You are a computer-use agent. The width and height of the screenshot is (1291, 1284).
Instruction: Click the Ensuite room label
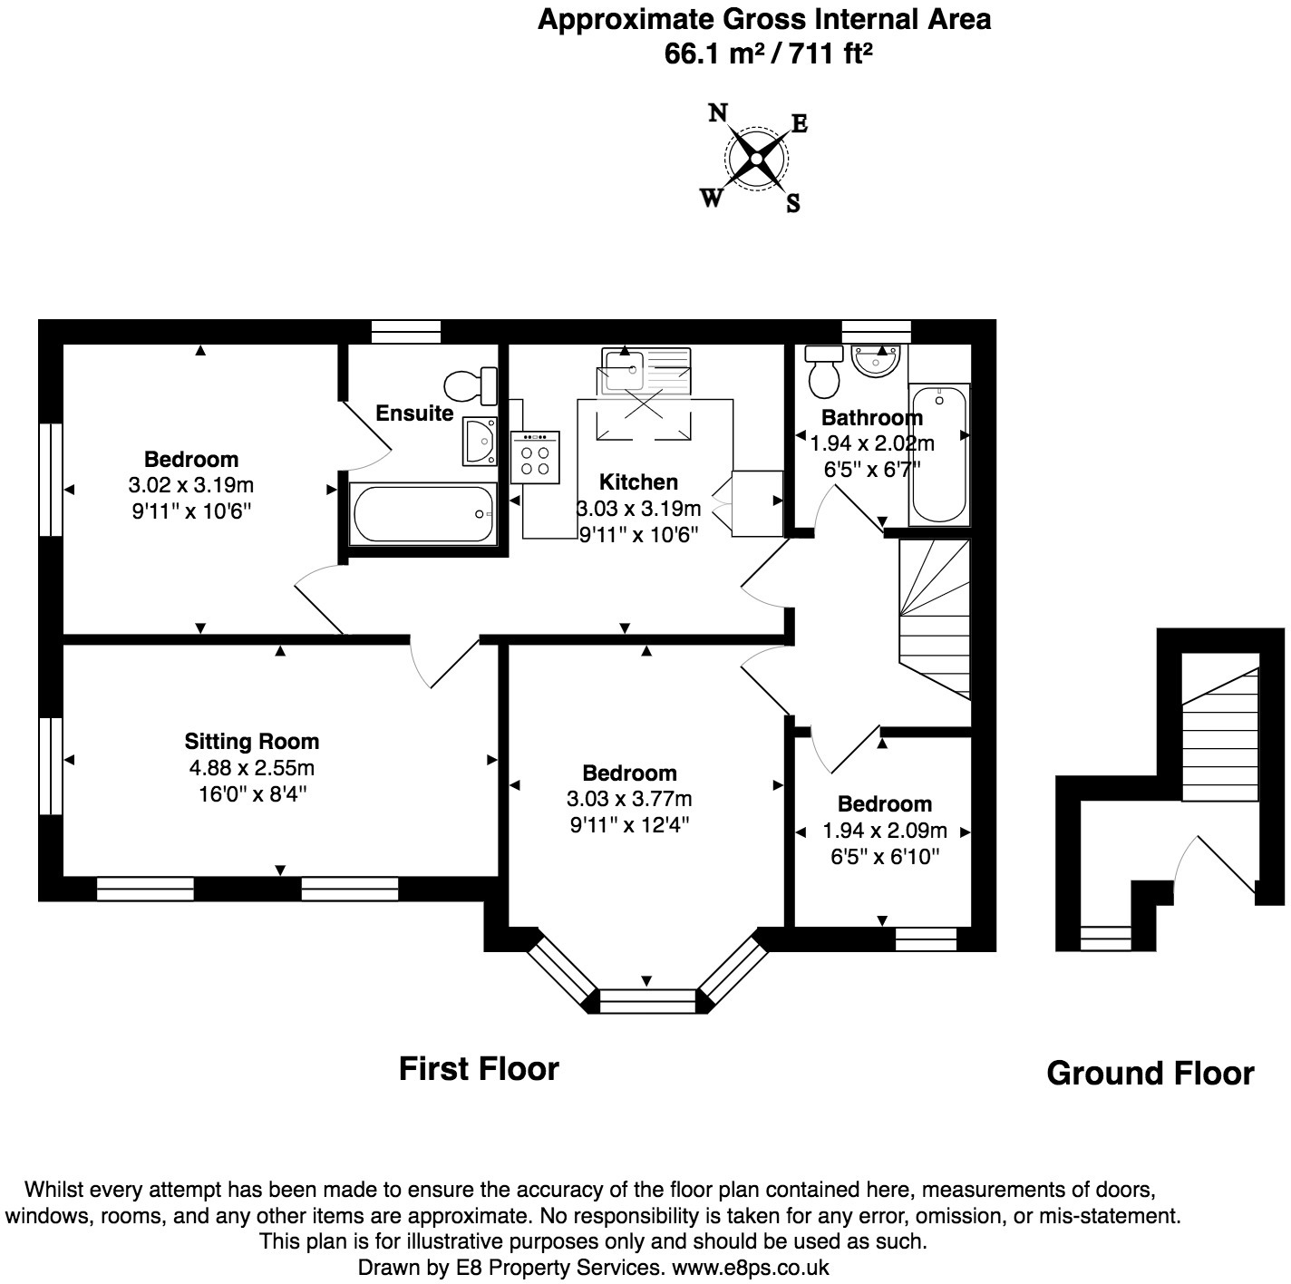(414, 413)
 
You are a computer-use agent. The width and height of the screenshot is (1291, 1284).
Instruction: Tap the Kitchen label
(638, 481)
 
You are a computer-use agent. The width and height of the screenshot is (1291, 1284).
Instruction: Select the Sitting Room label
(252, 741)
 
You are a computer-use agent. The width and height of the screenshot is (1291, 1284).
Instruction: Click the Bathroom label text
(871, 417)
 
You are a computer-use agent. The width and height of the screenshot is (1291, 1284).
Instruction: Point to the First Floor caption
(479, 1069)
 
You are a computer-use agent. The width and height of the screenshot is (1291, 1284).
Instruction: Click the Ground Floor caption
(1150, 1074)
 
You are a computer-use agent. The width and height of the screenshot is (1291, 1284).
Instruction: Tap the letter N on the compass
(718, 112)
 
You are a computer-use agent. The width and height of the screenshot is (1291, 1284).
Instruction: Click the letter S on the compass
(793, 202)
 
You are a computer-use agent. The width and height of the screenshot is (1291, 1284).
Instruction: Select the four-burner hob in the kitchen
(535, 458)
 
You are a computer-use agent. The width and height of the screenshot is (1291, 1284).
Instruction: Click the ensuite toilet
(471, 386)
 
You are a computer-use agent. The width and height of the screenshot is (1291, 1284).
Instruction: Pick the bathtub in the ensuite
(422, 513)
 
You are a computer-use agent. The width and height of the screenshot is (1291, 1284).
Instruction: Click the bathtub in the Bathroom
(938, 454)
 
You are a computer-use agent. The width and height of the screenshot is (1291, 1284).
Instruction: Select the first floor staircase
(934, 619)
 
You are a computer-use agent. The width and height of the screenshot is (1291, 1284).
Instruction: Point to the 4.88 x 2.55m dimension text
(252, 767)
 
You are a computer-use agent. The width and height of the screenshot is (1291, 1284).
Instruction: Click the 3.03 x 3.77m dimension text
(629, 799)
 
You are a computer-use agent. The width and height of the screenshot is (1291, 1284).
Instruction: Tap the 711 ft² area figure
(830, 53)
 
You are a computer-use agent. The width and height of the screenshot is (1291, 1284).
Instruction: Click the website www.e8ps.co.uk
(751, 1268)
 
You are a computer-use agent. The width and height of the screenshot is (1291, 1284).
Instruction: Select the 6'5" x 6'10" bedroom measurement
(884, 856)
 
